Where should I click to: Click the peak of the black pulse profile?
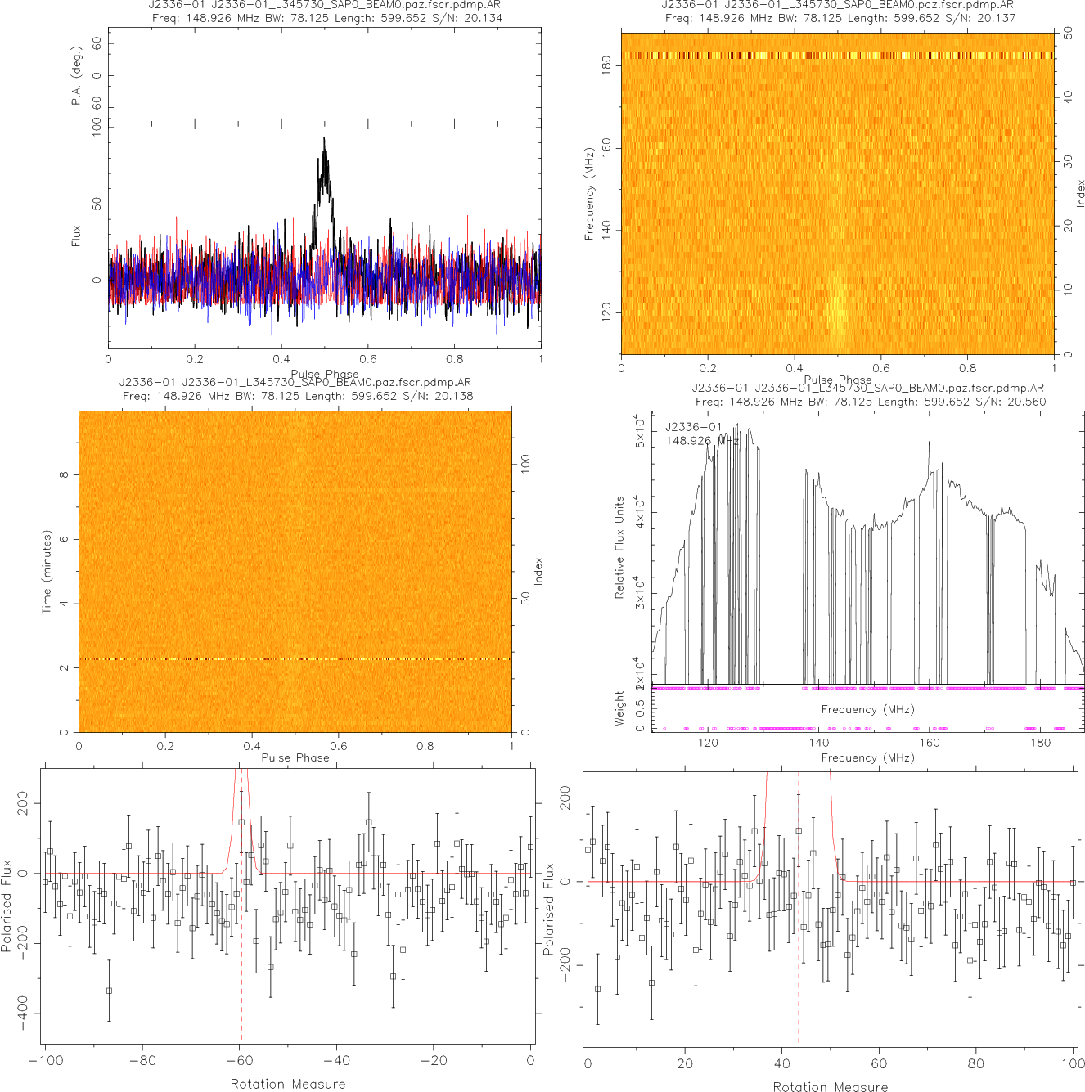tap(324, 139)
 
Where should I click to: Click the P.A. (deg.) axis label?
tap(76, 75)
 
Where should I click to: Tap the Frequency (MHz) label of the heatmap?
tap(589, 194)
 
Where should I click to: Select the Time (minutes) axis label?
tap(47, 572)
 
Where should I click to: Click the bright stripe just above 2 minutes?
tap(295, 658)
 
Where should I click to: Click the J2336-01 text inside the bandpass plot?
tap(693, 427)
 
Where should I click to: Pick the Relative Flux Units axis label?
tap(619, 547)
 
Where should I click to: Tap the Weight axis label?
tap(619, 708)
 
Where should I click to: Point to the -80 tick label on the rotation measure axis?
tap(142, 1061)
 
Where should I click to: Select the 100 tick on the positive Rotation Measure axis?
tap(1073, 1063)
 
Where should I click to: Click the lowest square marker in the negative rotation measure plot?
tap(109, 991)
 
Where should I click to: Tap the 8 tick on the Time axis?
tap(63, 474)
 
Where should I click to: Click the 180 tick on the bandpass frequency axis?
tap(1040, 743)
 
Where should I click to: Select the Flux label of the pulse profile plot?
tap(76, 236)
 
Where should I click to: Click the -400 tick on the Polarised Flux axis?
tap(22, 1013)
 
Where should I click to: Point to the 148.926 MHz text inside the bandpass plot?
tap(702, 441)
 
